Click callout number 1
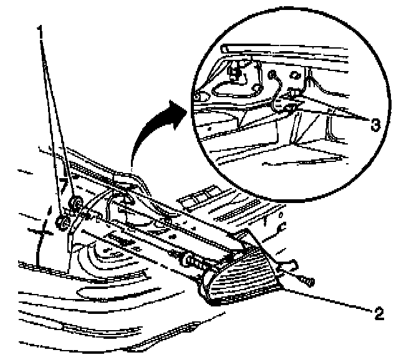coord(41,29)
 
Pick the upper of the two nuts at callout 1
coord(76,202)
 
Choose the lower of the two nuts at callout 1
coord(62,222)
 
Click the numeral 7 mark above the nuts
coord(63,186)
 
